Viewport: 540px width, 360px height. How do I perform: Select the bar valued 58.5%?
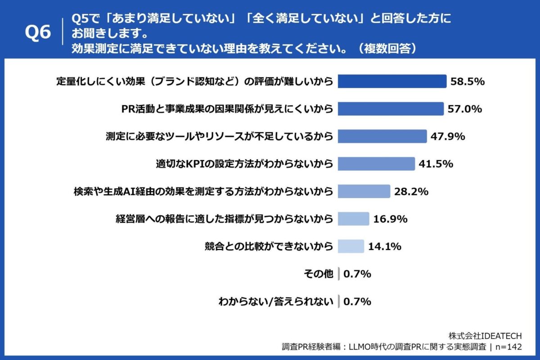(x=392, y=81)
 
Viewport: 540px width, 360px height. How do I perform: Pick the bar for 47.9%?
(x=382, y=136)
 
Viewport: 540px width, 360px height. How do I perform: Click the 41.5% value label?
(x=436, y=164)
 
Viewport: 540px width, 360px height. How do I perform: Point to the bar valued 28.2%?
(x=364, y=191)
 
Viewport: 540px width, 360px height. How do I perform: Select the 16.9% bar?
(x=353, y=219)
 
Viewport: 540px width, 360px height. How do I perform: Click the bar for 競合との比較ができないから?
(x=351, y=246)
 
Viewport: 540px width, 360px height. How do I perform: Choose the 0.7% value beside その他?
(x=357, y=274)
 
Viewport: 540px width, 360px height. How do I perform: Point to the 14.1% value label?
(x=385, y=246)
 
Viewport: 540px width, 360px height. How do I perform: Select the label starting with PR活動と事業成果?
(x=227, y=109)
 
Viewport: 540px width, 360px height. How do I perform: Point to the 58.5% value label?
(x=467, y=81)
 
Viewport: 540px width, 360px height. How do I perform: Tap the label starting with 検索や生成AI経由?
(x=203, y=191)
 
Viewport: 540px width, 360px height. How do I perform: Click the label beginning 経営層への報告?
(x=224, y=219)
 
